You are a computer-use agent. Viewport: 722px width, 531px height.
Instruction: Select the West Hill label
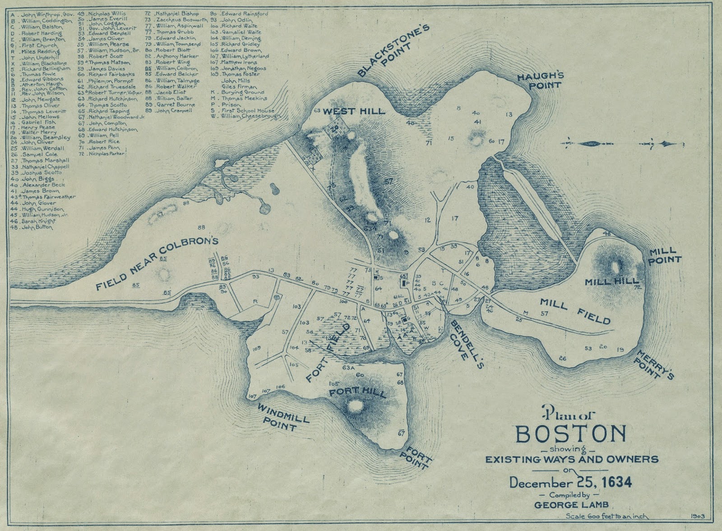click(354, 111)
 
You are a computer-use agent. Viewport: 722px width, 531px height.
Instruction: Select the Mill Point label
click(664, 255)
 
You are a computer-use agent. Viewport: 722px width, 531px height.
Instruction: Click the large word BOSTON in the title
click(571, 434)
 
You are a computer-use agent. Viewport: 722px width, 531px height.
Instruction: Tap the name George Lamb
click(570, 504)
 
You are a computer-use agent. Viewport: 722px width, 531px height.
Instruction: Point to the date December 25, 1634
click(570, 482)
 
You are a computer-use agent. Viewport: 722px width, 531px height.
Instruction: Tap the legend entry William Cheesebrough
click(251, 116)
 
